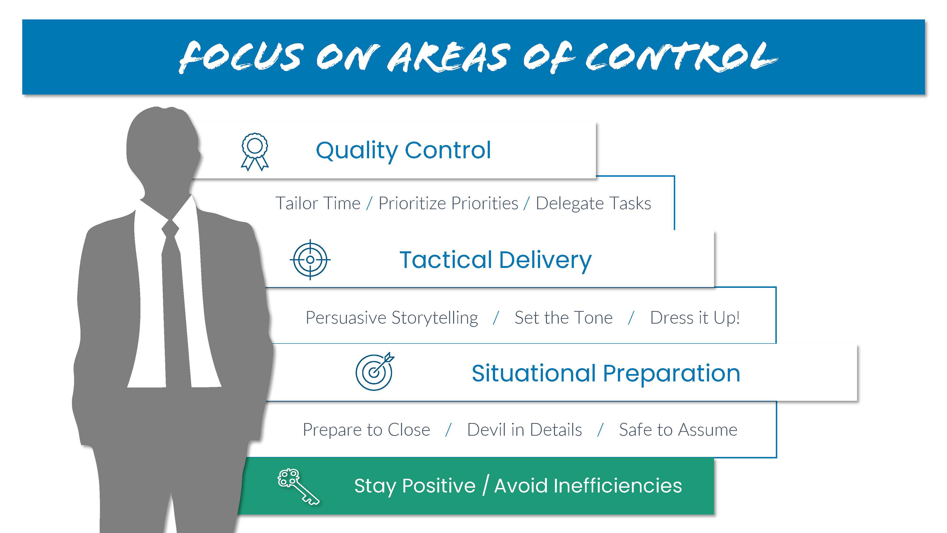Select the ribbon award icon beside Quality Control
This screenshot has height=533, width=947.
pyautogui.click(x=255, y=152)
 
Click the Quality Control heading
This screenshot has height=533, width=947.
pyautogui.click(x=403, y=151)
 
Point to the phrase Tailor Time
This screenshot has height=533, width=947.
pyautogui.click(x=318, y=203)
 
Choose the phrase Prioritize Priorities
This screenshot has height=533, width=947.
pyautogui.click(x=448, y=203)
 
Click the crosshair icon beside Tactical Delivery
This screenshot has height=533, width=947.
pyautogui.click(x=310, y=260)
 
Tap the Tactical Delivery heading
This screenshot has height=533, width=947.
pyautogui.click(x=495, y=260)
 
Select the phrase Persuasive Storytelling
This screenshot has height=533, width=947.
pyautogui.click(x=392, y=318)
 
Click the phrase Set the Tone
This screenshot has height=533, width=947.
pyautogui.click(x=564, y=318)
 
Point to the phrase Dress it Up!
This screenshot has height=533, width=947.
pyautogui.click(x=695, y=318)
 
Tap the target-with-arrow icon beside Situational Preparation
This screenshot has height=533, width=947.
pyautogui.click(x=375, y=372)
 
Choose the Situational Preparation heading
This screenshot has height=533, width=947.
pyautogui.click(x=606, y=374)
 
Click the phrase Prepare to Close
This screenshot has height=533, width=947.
pyautogui.click(x=366, y=430)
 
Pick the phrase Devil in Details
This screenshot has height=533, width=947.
pyautogui.click(x=525, y=430)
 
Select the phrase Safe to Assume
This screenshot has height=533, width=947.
pyautogui.click(x=678, y=430)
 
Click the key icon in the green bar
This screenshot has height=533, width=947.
pyautogui.click(x=298, y=487)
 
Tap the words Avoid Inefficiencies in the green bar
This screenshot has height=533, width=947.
pyautogui.click(x=588, y=486)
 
